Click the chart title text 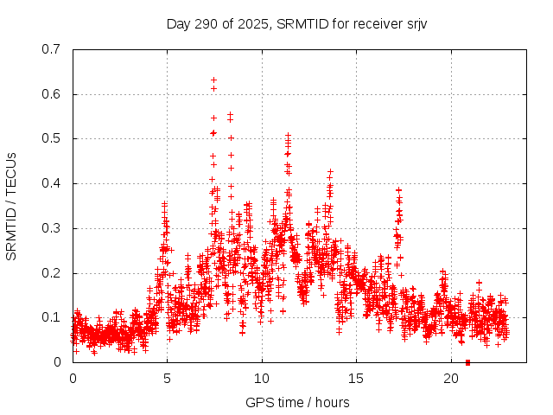pyautogui.click(x=296, y=23)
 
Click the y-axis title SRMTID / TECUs pyautogui.click(x=11, y=206)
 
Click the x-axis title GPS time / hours pyautogui.click(x=296, y=402)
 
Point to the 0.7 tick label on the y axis pyautogui.click(x=51, y=49)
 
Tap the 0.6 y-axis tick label pyautogui.click(x=51, y=94)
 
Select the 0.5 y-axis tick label pyautogui.click(x=51, y=138)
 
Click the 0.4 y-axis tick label pyautogui.click(x=51, y=183)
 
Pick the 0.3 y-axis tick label pyautogui.click(x=51, y=228)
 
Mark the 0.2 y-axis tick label pyautogui.click(x=51, y=273)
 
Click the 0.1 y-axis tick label pyautogui.click(x=51, y=317)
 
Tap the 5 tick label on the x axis pyautogui.click(x=167, y=379)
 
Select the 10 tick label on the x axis pyautogui.click(x=262, y=379)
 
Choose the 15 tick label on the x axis pyautogui.click(x=356, y=379)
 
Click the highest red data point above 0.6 pyautogui.click(x=213, y=80)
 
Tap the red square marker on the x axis pyautogui.click(x=467, y=362)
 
